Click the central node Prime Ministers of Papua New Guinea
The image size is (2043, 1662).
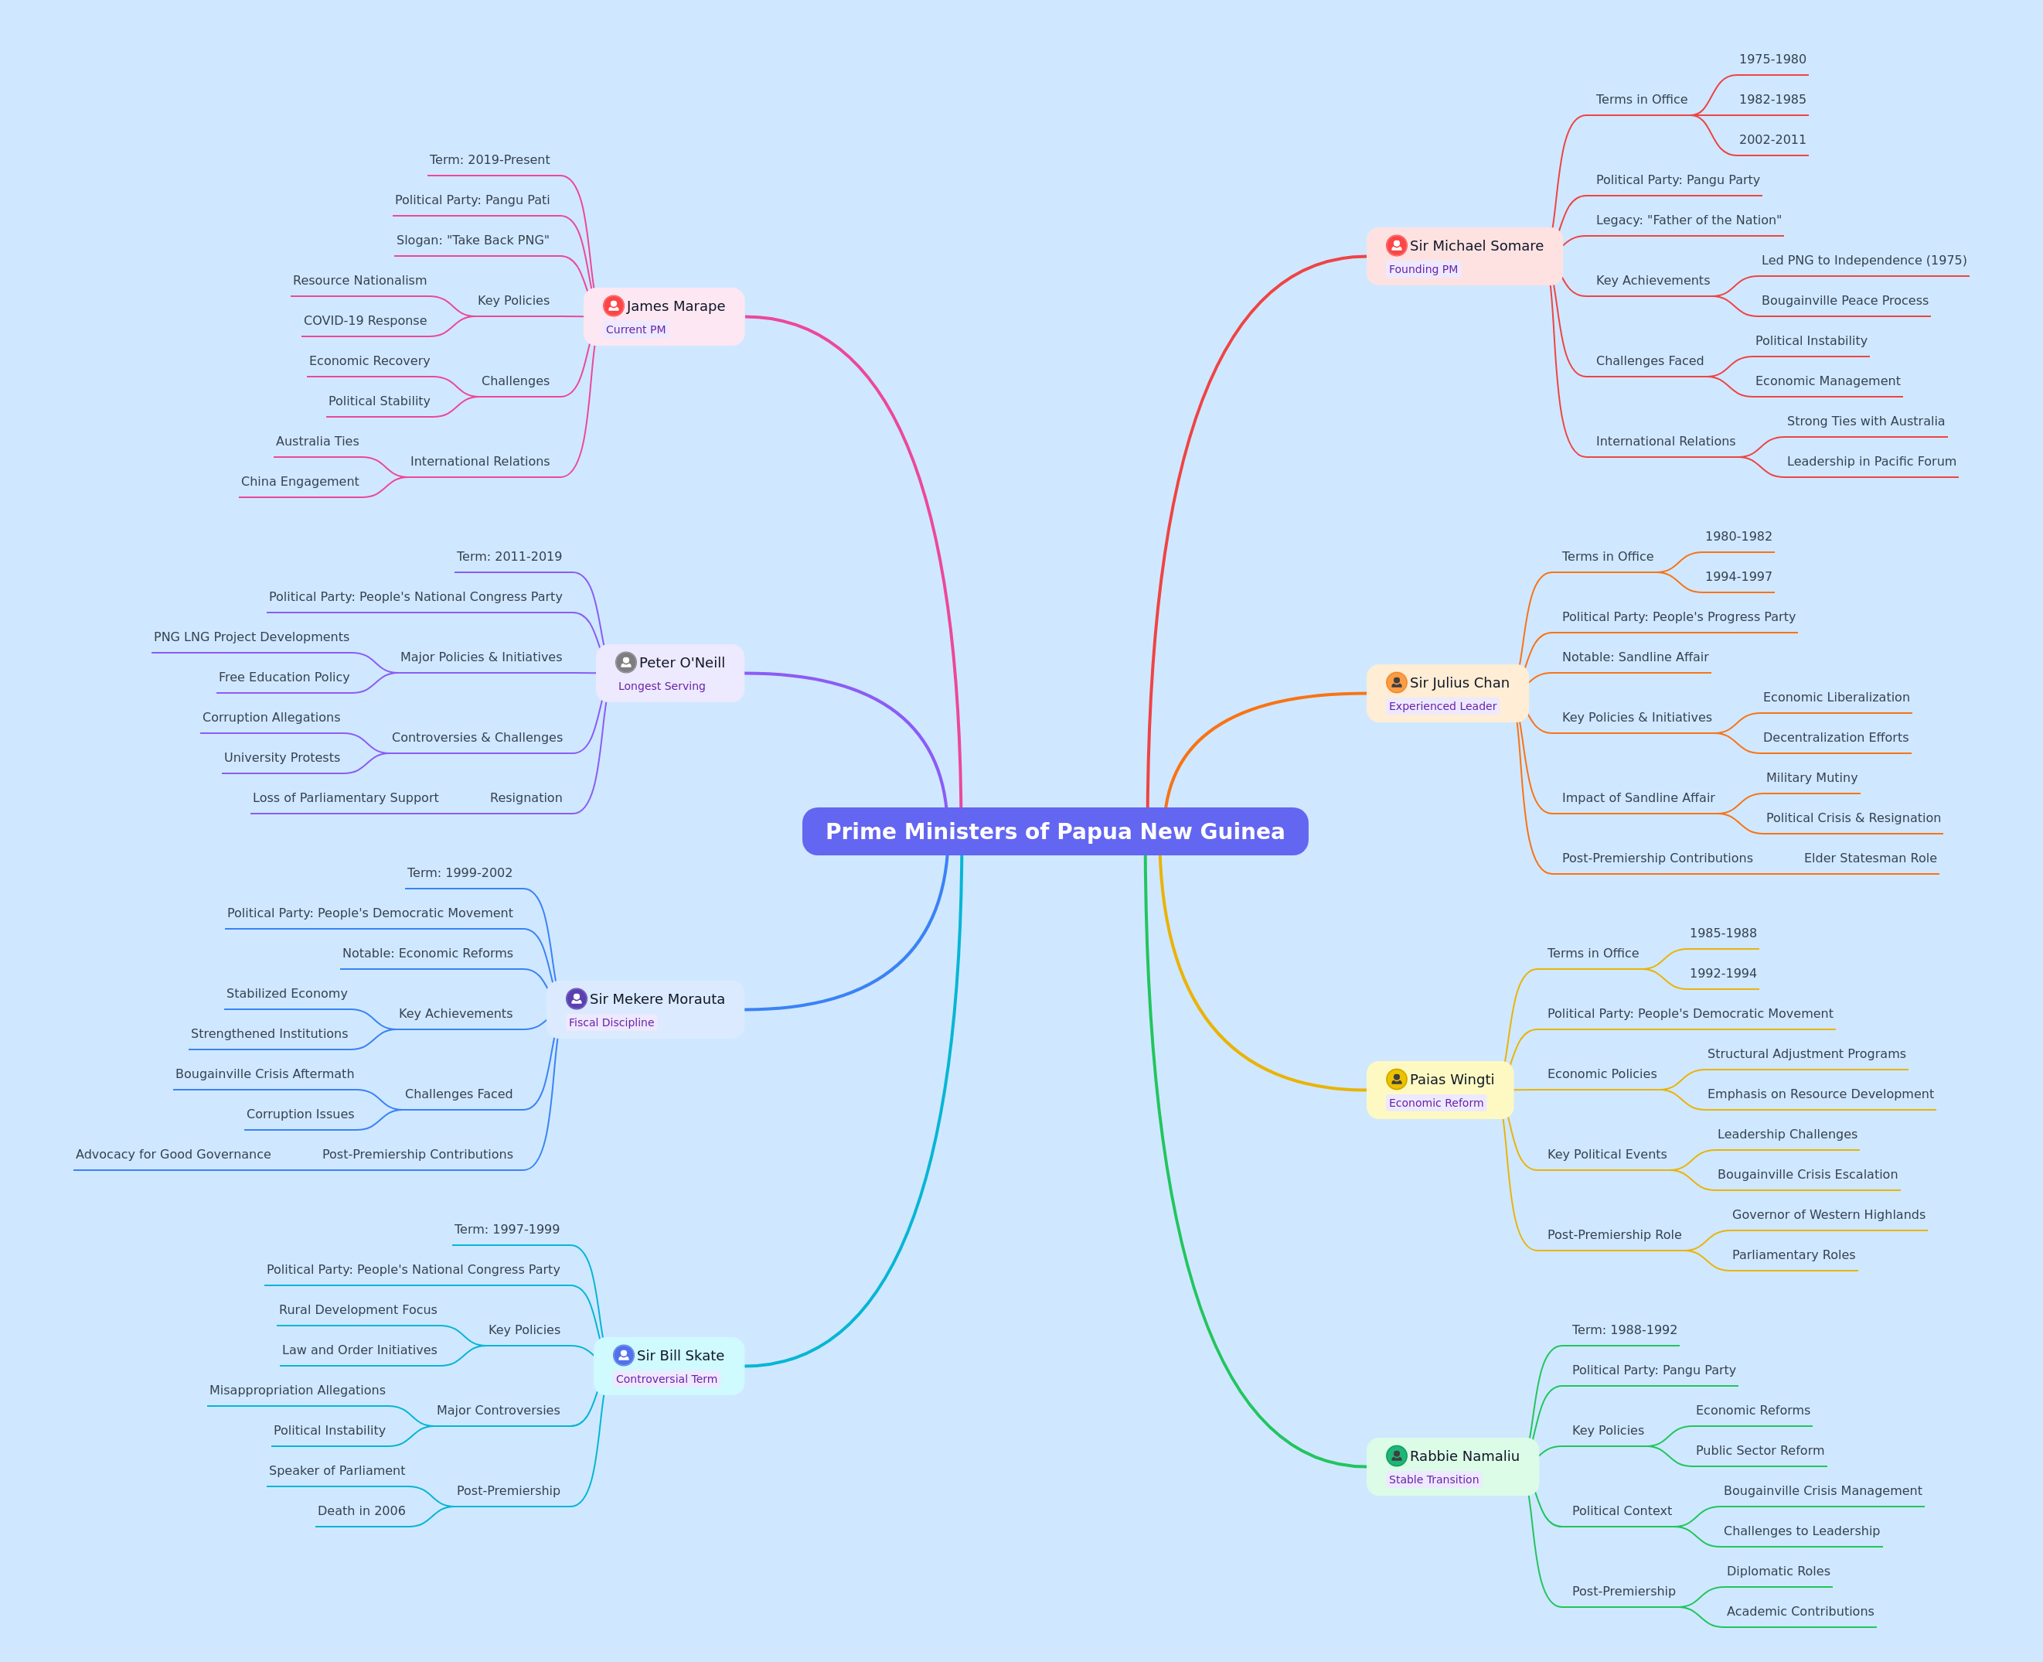point(1054,831)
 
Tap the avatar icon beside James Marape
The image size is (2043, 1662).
point(614,305)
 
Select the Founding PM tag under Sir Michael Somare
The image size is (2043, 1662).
point(1423,269)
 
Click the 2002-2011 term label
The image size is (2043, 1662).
point(1772,140)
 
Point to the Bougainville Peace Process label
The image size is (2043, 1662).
point(1845,301)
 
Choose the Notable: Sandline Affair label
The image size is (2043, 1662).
point(1634,657)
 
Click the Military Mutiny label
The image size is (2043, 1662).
point(1811,777)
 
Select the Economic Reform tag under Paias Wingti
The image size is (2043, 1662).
point(1435,1103)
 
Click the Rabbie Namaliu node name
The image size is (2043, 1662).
point(1464,1456)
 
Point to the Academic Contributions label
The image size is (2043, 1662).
point(1800,1611)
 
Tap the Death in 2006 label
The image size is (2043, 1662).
point(362,1510)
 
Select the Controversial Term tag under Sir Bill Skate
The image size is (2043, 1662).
point(666,1379)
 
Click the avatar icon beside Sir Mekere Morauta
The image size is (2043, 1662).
point(576,998)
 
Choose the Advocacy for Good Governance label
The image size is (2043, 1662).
point(173,1155)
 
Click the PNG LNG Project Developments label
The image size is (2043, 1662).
point(252,636)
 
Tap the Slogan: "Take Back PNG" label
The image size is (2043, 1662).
point(473,241)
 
